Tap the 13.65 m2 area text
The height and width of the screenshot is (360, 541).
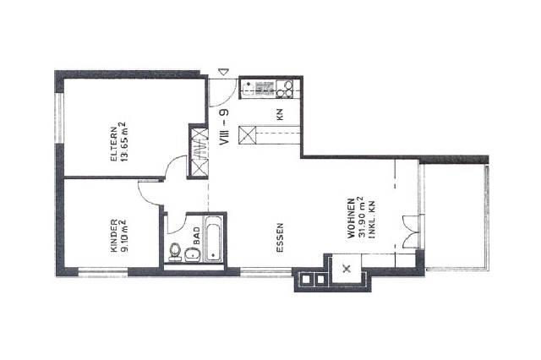[x=123, y=142]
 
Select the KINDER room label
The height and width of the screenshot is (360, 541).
[x=114, y=236]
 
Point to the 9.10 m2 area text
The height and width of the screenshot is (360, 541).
[x=124, y=237]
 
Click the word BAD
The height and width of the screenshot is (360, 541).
[x=197, y=236]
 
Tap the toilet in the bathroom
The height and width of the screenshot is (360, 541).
[x=175, y=252]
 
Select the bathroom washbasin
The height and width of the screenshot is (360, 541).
[x=192, y=255]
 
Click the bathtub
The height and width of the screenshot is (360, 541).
[x=213, y=238]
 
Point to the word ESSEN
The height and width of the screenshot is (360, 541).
[x=280, y=237]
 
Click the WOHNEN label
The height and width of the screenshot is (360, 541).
[x=351, y=218]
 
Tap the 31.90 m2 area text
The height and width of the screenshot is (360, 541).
[x=361, y=217]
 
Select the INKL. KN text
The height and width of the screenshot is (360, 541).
[x=372, y=220]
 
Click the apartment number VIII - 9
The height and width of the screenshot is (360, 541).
[x=224, y=127]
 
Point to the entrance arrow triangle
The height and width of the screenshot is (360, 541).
[x=224, y=72]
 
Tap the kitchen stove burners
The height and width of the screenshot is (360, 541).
[x=284, y=89]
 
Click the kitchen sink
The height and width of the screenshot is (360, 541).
[x=248, y=88]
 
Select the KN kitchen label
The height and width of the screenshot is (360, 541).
[x=280, y=114]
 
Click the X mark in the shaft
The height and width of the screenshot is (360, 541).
[x=347, y=268]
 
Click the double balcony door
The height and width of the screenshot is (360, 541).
[x=412, y=232]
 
